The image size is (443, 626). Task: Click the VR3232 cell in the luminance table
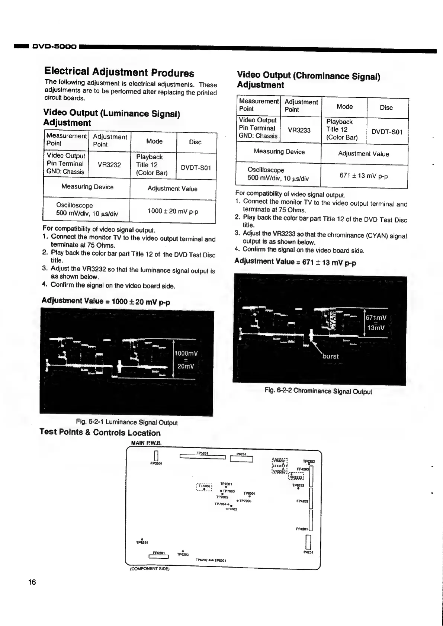109,165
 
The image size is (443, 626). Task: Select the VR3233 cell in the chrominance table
299,130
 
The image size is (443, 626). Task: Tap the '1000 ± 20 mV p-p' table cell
173,211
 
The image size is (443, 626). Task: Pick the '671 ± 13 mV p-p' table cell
363,176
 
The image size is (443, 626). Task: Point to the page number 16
32,582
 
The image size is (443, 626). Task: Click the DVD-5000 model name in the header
55,47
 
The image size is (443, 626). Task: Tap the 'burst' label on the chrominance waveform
330,356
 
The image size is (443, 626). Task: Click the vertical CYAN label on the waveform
334,320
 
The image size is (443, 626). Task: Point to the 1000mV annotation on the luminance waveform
186,353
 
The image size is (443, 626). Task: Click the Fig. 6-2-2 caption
318,391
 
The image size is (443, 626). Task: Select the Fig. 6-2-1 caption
126,422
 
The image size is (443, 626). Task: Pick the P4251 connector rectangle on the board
308,542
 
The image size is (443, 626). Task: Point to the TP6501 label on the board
249,494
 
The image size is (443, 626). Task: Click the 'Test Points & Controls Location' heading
100,433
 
